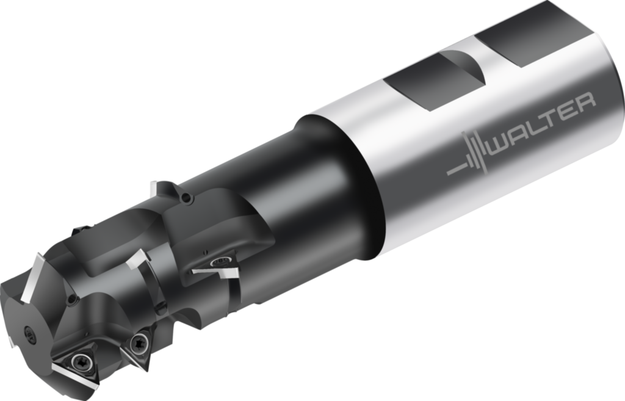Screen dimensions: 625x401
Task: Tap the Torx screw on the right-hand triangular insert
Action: (138, 342)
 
